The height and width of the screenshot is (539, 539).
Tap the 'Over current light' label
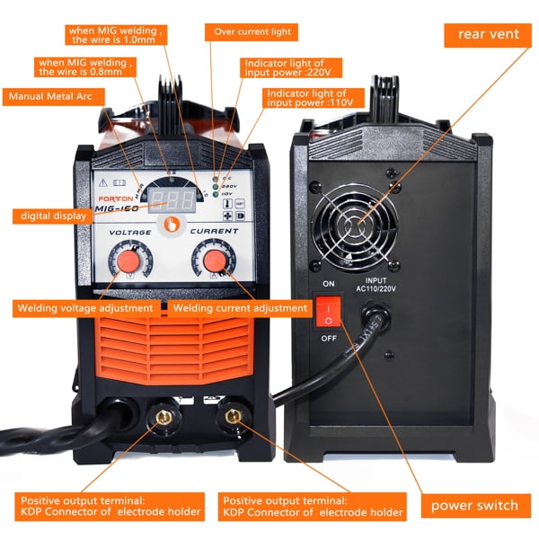[252, 32]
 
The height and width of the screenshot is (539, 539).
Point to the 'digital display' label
[51, 216]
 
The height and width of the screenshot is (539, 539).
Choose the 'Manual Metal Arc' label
[51, 95]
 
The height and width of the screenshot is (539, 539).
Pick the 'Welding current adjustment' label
[240, 308]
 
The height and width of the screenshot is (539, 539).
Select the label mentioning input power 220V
[285, 69]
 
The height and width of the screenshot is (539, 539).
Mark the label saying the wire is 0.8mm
[86, 67]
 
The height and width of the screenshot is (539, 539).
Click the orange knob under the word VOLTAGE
[131, 261]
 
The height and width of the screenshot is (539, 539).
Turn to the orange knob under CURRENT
[214, 261]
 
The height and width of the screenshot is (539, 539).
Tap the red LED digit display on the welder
[171, 199]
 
